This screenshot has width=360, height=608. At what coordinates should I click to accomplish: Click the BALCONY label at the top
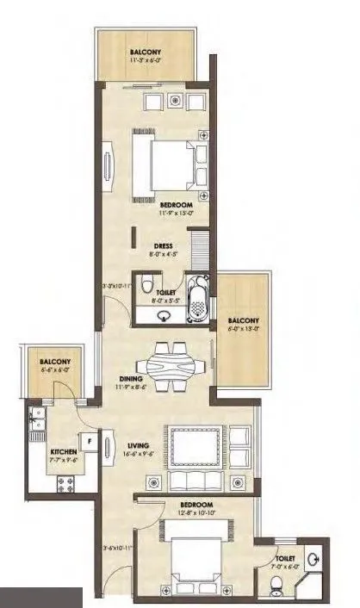pyautogui.click(x=146, y=51)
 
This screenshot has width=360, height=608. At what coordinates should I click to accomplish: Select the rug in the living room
pyautogui.click(x=198, y=447)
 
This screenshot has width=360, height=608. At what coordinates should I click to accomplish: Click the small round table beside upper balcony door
pyautogui.click(x=176, y=100)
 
